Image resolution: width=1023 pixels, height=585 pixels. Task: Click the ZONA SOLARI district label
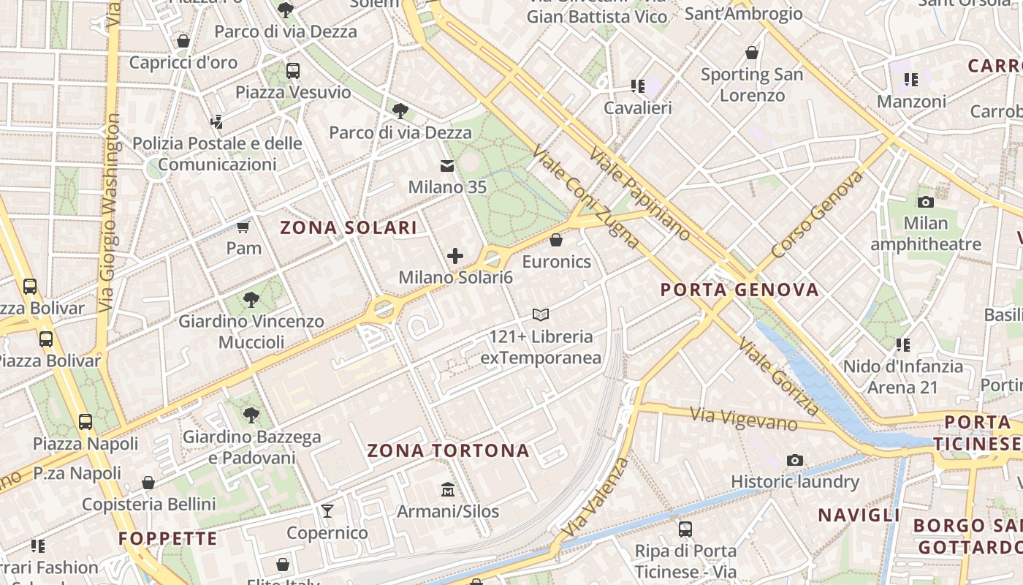pyautogui.click(x=349, y=227)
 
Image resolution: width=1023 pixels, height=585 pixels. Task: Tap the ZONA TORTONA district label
pyautogui.click(x=448, y=450)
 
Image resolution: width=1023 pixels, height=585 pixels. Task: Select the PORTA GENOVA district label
pyautogui.click(x=739, y=290)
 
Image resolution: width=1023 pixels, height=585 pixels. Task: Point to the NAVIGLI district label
pyautogui.click(x=859, y=515)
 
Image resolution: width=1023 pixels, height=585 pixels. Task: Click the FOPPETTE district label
pyautogui.click(x=168, y=539)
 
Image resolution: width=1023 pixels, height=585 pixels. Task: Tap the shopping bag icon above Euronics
pyautogui.click(x=556, y=240)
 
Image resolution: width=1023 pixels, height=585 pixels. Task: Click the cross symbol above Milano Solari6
pyautogui.click(x=455, y=256)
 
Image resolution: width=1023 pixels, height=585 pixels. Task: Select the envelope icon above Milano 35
pyautogui.click(x=446, y=166)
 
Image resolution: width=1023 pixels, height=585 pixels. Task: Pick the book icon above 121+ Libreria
pyautogui.click(x=540, y=315)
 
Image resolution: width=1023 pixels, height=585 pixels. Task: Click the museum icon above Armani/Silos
pyautogui.click(x=447, y=489)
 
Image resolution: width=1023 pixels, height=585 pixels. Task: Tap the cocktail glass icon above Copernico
pyautogui.click(x=327, y=510)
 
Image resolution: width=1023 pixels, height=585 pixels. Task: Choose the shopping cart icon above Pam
pyautogui.click(x=243, y=227)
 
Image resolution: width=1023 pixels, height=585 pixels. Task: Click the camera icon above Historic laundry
pyautogui.click(x=795, y=460)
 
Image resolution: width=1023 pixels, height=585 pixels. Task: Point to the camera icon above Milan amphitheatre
pyautogui.click(x=925, y=202)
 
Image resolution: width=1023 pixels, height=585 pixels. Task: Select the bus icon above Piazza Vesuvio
pyautogui.click(x=293, y=71)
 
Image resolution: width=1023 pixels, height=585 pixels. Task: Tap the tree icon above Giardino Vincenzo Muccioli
pyautogui.click(x=251, y=299)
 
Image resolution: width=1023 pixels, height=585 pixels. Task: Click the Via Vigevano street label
pyautogui.click(x=743, y=419)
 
